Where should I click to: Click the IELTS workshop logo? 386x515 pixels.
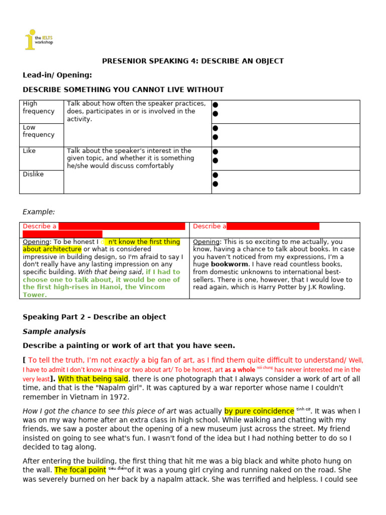[x=38, y=40]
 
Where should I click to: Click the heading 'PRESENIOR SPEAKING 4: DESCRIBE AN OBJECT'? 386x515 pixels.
[x=193, y=61]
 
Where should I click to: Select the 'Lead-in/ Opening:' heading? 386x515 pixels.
[x=57, y=75]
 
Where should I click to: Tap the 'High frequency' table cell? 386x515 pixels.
[x=39, y=108]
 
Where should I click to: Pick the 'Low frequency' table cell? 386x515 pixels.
[x=39, y=131]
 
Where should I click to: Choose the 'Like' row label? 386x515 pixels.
[x=29, y=151]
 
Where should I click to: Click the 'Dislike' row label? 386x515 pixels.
[x=33, y=174]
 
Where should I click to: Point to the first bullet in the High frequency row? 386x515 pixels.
[x=215, y=105]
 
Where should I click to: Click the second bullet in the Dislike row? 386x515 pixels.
[x=215, y=184]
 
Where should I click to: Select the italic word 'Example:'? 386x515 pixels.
[x=39, y=212]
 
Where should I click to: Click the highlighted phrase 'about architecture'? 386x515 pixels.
[x=52, y=249]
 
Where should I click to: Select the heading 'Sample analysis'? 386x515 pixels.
[x=54, y=331]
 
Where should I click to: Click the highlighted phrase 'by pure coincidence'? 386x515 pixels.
[x=259, y=411]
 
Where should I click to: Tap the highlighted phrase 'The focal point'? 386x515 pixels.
[x=80, y=470]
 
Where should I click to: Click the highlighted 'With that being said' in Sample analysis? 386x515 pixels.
[x=93, y=379]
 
